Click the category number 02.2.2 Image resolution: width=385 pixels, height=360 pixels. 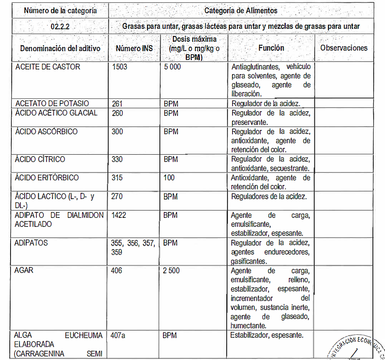60,27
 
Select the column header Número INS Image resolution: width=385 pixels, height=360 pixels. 134,48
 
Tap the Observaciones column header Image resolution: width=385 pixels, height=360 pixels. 344,48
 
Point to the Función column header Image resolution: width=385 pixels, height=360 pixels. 271,48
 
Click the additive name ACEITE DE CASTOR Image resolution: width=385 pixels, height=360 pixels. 48,67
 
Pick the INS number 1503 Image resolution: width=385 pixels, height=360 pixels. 119,67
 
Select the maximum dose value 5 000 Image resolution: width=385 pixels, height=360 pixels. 172,67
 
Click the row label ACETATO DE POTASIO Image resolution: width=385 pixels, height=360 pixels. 52,103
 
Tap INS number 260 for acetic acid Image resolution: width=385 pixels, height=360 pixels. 117,113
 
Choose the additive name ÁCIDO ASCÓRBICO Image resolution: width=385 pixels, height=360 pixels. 46,132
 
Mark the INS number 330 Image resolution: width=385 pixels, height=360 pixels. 117,160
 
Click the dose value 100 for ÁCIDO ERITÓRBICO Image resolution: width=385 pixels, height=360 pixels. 169,178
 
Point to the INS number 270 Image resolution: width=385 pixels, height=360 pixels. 117,196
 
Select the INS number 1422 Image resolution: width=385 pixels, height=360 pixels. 119,215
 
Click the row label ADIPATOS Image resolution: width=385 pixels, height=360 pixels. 31,243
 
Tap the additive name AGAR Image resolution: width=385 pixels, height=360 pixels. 24,271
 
